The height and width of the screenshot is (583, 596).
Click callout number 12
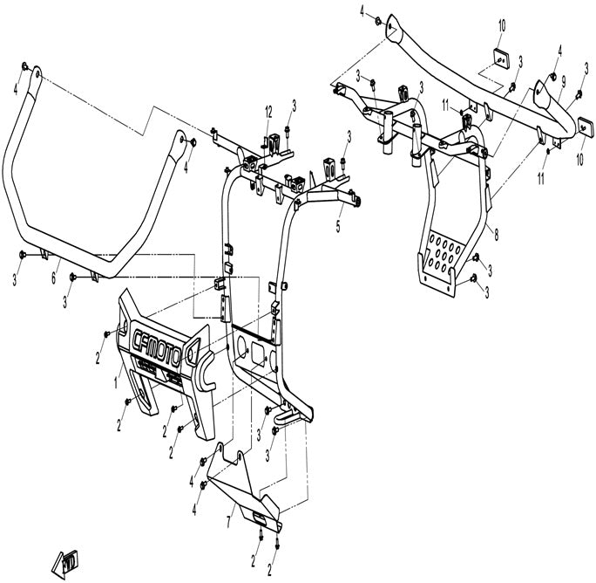tap(268, 112)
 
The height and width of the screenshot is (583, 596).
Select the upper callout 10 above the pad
tap(501, 27)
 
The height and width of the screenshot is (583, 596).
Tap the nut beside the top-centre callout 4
tap(376, 21)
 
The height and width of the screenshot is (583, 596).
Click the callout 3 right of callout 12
tap(295, 105)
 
